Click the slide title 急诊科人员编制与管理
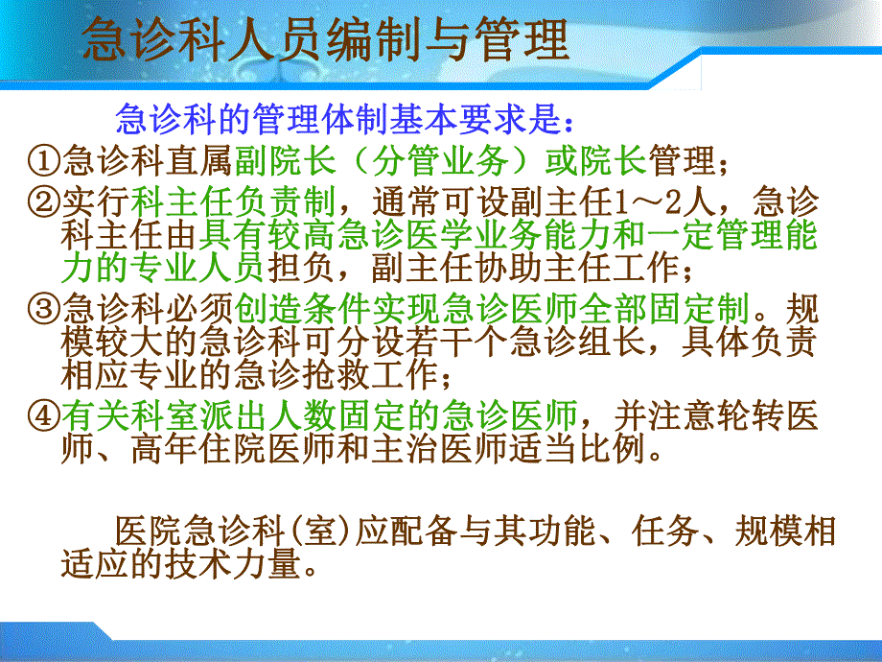pyautogui.click(x=325, y=41)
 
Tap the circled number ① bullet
pyautogui.click(x=43, y=160)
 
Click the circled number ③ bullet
pyautogui.click(x=43, y=309)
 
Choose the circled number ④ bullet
pyautogui.click(x=43, y=416)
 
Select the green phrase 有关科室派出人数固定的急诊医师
pyautogui.click(x=320, y=416)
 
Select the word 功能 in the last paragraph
pyautogui.click(x=561, y=531)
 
